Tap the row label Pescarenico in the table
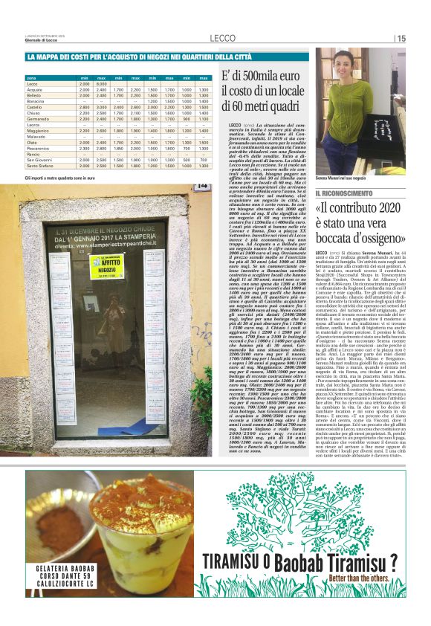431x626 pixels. click(x=39, y=149)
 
